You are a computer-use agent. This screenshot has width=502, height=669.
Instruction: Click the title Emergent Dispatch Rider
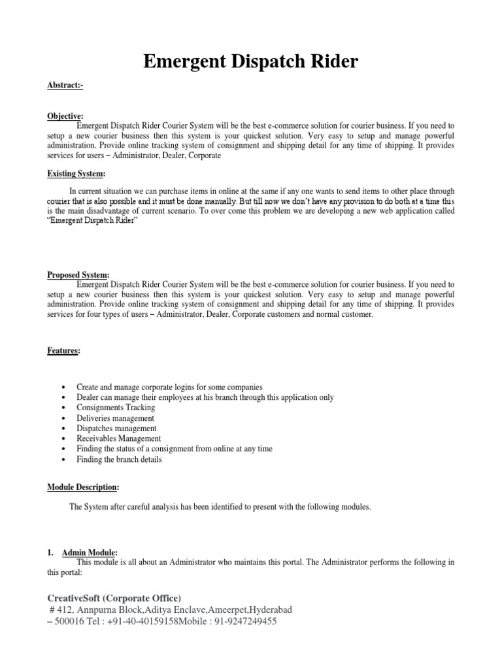click(x=250, y=62)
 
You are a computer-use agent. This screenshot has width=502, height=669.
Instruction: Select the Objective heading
click(x=65, y=116)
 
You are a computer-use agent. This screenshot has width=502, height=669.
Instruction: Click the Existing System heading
click(x=76, y=173)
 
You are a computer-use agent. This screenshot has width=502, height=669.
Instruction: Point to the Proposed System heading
click(x=78, y=275)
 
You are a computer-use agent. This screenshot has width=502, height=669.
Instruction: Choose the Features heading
click(x=63, y=351)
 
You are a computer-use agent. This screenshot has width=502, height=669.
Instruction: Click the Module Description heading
click(x=83, y=487)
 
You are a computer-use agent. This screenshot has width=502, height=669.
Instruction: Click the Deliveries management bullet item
click(x=115, y=418)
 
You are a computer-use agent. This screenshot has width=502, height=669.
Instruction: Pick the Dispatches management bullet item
click(x=116, y=429)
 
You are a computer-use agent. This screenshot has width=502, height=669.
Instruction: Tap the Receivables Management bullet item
click(x=118, y=438)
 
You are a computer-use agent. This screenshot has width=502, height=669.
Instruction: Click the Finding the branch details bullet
click(x=119, y=459)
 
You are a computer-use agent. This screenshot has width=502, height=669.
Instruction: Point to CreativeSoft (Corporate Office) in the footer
click(x=114, y=598)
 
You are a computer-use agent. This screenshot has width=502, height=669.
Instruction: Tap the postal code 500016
click(x=70, y=621)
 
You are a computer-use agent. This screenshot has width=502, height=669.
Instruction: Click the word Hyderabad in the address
click(x=269, y=610)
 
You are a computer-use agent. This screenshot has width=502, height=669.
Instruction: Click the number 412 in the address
click(x=64, y=610)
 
